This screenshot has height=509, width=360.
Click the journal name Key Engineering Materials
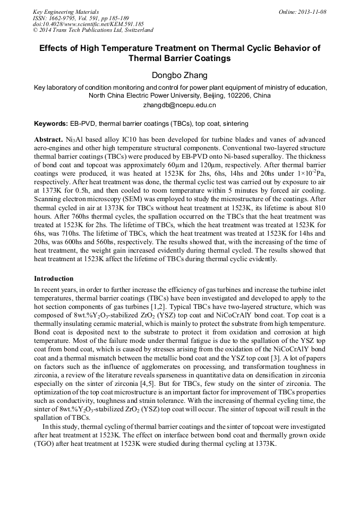66,12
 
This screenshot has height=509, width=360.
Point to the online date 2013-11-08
311,12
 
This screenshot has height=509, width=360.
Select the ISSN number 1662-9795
62,18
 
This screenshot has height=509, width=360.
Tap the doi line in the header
88,24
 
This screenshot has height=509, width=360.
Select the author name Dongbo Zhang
180,75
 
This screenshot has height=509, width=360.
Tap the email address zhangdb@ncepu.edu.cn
180,105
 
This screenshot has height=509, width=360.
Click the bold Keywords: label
51,124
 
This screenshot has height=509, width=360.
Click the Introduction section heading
54,279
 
